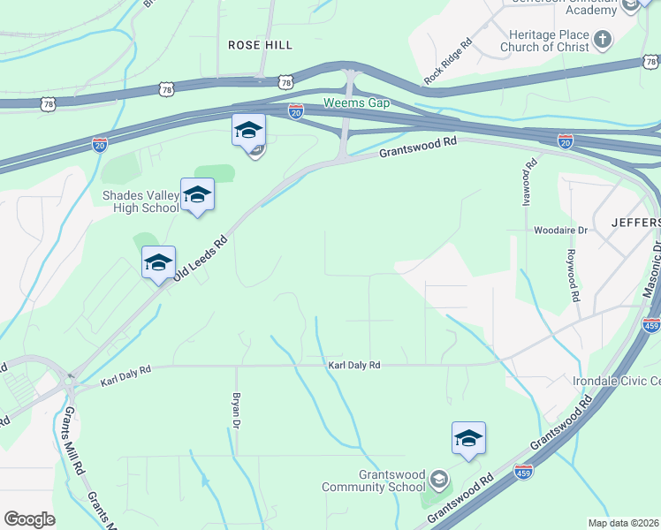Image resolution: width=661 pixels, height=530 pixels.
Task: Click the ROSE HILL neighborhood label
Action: point(260,44)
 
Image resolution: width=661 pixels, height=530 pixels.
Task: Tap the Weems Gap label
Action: point(356,102)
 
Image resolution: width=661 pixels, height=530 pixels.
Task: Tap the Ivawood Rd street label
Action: point(531,181)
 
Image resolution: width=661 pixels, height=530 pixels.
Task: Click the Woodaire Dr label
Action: point(560,231)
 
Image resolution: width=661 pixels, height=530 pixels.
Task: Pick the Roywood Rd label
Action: point(574,275)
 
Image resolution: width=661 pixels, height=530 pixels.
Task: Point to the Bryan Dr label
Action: point(237,412)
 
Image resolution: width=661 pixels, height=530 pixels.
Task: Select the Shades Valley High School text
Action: point(141,201)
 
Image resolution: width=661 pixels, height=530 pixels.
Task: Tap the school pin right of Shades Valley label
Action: point(197,195)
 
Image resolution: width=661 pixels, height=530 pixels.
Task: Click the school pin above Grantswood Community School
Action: point(468,438)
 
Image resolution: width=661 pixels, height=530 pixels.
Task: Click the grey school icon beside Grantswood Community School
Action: point(437,481)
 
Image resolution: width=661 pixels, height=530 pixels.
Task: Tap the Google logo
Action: point(29,519)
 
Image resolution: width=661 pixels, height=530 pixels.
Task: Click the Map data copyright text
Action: point(623,523)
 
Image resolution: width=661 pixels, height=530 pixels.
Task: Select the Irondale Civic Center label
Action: point(617,381)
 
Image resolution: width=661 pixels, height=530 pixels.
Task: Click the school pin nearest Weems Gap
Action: point(248,131)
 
